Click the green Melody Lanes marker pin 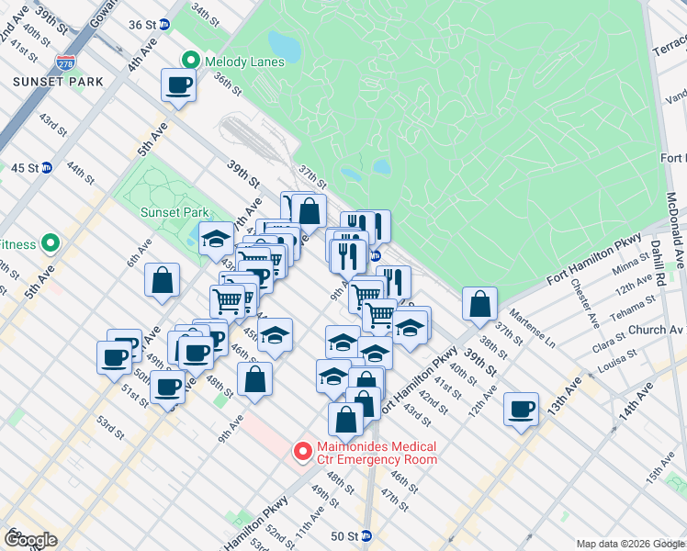point(191,62)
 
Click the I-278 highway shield point(65,62)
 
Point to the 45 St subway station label point(25,167)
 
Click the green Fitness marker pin point(51,244)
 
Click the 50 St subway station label point(344,535)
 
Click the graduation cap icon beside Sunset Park point(216,239)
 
